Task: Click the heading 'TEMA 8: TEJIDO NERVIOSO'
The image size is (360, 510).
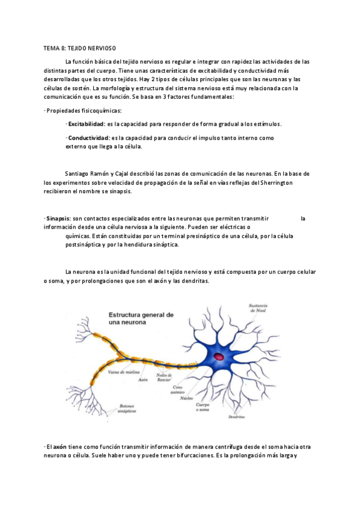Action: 80,48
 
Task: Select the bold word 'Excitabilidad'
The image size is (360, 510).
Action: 85,124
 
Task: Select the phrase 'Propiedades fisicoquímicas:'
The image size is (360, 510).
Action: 84,111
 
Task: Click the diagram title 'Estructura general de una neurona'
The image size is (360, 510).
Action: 141,319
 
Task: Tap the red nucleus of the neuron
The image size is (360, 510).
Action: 218,357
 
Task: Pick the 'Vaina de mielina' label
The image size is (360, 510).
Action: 121,372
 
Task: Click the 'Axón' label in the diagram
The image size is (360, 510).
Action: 142,380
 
